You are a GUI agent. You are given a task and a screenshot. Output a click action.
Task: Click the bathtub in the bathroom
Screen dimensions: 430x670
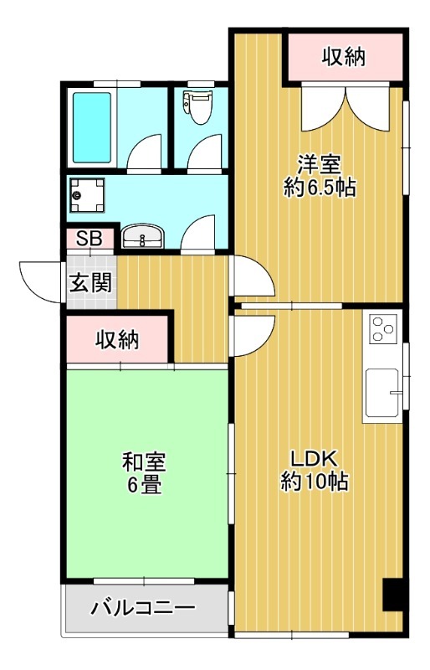click(92, 128)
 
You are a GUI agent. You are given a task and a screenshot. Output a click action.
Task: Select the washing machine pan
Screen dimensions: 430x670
click(88, 195)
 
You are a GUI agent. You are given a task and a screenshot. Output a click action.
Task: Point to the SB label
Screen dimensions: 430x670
click(90, 239)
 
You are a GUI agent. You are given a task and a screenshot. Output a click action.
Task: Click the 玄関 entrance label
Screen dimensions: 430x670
click(91, 283)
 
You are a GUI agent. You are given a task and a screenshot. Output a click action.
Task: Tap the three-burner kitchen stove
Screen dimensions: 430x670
click(383, 328)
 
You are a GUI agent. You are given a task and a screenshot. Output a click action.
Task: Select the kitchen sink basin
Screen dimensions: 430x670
click(382, 391)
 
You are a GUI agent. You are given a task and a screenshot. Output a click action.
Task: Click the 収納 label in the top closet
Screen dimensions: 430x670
click(344, 56)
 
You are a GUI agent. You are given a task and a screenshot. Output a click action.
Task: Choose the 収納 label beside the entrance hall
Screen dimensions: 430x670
click(117, 340)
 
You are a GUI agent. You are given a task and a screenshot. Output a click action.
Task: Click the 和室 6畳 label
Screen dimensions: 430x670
click(144, 473)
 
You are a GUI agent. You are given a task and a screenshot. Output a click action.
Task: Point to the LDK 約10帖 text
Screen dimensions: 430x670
click(315, 470)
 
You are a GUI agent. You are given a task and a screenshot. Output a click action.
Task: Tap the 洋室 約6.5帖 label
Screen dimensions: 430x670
click(320, 176)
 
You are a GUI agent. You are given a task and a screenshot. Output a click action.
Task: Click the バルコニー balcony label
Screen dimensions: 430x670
click(143, 608)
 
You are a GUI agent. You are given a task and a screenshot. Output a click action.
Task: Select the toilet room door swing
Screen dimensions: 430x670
click(204, 152)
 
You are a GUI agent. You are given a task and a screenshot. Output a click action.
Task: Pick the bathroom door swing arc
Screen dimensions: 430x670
click(145, 152)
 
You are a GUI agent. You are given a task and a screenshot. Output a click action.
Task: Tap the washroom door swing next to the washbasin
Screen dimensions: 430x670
click(197, 232)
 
